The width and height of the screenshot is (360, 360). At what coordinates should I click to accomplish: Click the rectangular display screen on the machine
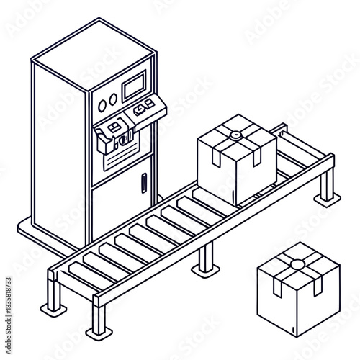(x=135, y=88)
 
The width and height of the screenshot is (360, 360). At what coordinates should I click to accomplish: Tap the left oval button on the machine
(x=102, y=104)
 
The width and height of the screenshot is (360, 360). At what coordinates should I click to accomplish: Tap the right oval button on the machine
(x=113, y=100)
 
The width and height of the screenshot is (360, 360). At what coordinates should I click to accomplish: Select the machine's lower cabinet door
(x=122, y=202)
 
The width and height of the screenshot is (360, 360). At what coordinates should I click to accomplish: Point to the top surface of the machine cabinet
(x=94, y=55)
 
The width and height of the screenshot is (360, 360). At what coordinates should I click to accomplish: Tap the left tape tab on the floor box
(x=277, y=287)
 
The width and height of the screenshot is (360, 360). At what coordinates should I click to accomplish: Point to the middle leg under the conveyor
(x=206, y=259)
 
